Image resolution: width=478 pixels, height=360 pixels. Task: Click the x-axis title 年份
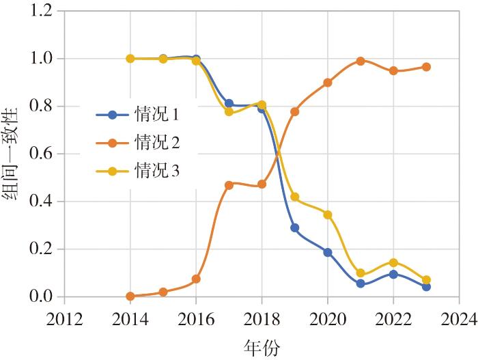[261, 348]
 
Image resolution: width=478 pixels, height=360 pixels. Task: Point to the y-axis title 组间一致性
[14, 154]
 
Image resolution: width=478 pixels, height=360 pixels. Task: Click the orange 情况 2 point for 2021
[360, 61]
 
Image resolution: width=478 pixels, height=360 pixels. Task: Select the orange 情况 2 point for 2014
[130, 296]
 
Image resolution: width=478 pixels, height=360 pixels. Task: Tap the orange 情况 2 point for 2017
[229, 185]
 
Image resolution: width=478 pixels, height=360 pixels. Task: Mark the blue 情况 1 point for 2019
[295, 228]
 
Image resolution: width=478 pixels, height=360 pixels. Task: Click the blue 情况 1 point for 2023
[426, 287]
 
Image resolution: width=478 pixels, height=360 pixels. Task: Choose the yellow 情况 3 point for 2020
[328, 214]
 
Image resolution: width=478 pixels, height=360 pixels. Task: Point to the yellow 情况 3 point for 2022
[393, 262]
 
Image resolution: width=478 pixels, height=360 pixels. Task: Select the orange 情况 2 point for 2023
[426, 67]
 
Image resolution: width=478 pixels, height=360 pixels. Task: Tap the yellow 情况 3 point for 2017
[229, 112]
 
